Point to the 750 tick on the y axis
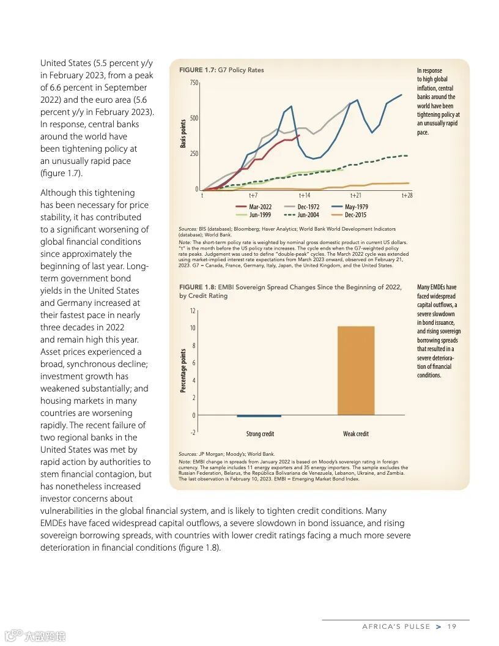(x=194, y=83)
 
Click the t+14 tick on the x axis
(x=304, y=195)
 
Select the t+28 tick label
(x=407, y=195)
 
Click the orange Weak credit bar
(x=355, y=371)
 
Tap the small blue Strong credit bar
(x=259, y=416)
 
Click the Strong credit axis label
(x=260, y=434)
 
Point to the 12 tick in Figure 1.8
(x=193, y=311)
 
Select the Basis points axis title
(x=182, y=133)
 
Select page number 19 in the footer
(x=452, y=626)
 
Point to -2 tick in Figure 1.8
(x=193, y=433)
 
